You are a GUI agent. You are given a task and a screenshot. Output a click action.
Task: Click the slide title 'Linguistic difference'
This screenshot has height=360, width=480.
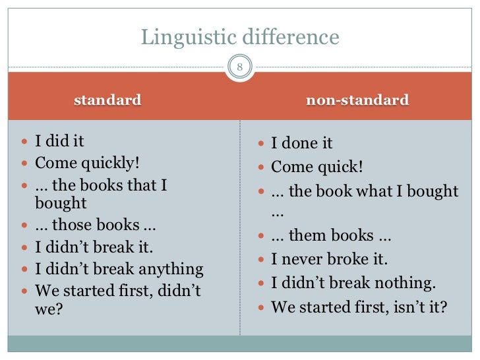(240, 38)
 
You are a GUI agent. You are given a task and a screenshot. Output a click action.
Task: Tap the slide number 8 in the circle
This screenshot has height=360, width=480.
(240, 67)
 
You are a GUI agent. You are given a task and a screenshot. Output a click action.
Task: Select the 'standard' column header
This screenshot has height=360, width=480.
(107, 100)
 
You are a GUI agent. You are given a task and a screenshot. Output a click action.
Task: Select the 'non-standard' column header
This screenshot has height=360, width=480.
(358, 100)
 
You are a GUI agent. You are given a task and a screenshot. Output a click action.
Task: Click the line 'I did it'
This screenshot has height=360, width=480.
(59, 141)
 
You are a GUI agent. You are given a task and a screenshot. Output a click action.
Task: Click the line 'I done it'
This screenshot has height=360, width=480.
(302, 143)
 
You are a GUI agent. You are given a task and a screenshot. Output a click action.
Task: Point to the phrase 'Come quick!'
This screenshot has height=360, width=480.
(317, 167)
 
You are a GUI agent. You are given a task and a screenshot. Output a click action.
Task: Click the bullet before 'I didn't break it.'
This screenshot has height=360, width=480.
(25, 249)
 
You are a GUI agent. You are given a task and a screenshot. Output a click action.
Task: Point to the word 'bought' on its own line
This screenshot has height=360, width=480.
(61, 204)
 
